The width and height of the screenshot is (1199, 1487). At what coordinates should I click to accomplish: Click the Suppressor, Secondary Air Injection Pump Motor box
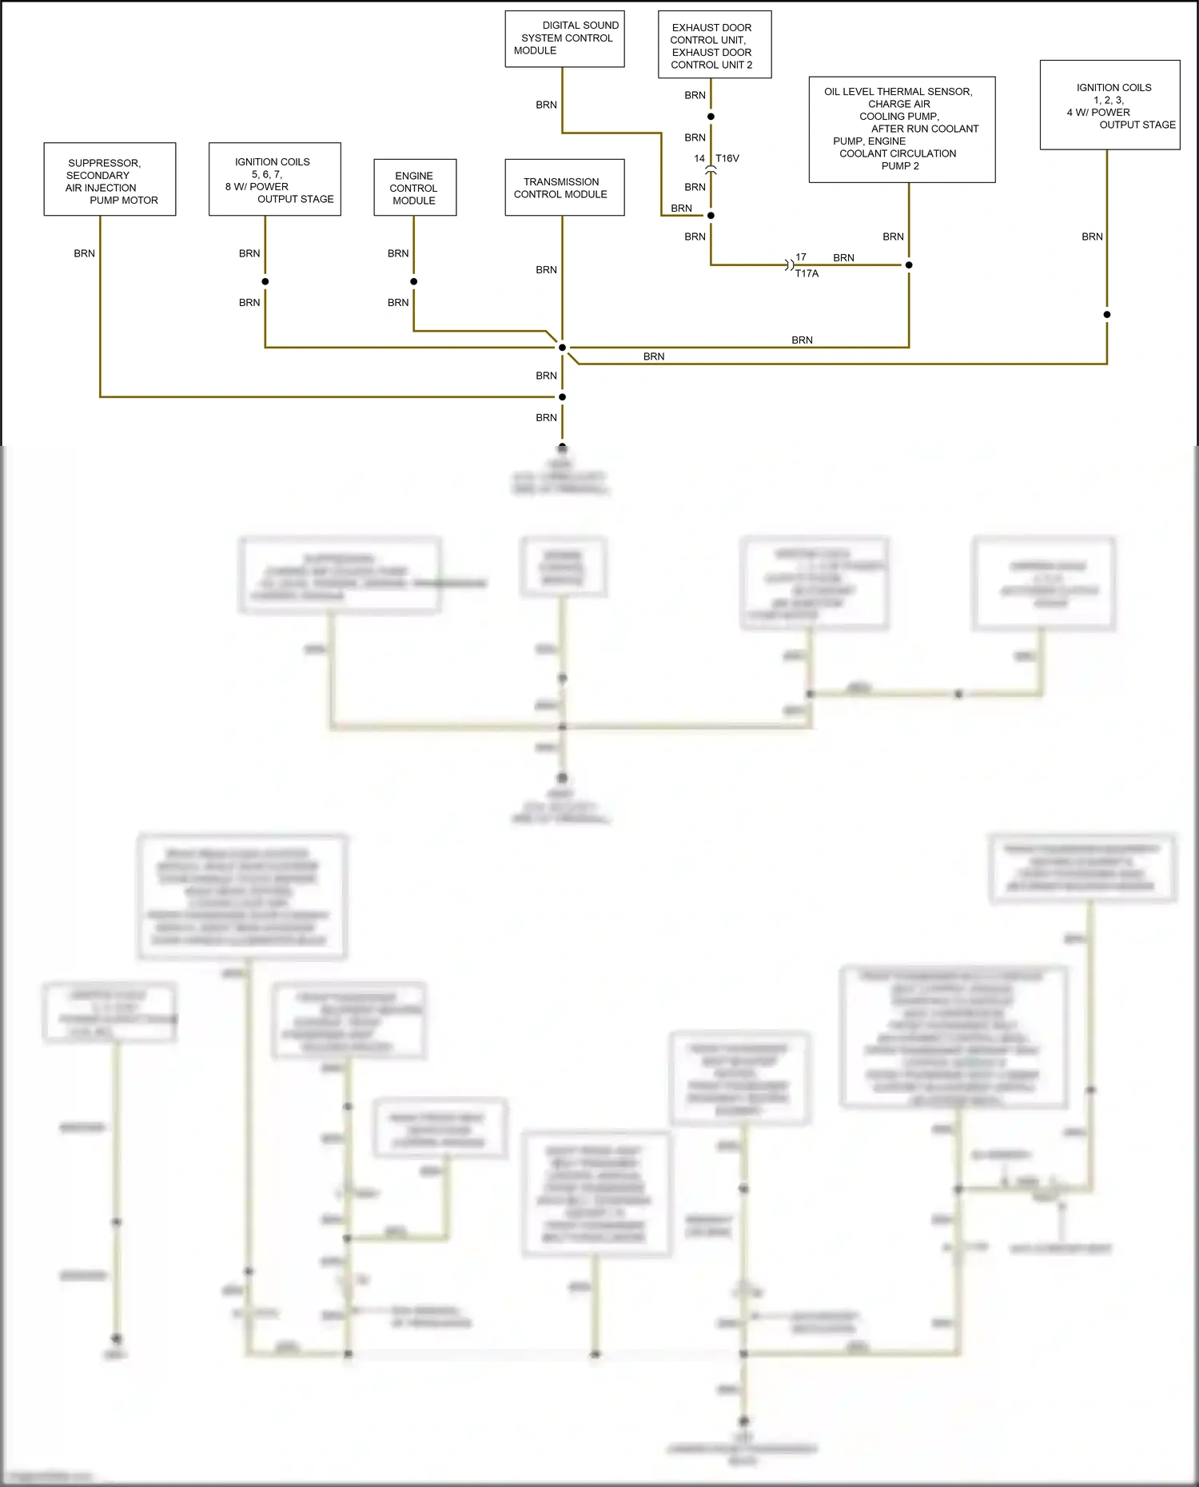[110, 180]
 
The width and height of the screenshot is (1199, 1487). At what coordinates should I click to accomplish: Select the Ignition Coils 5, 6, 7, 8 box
[274, 180]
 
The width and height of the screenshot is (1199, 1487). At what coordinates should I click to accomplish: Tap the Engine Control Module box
[415, 188]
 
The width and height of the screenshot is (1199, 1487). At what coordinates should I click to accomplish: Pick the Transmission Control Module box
[564, 188]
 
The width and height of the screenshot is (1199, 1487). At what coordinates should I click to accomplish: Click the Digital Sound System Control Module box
[564, 38]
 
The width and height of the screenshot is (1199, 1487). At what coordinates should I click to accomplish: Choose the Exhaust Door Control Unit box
[714, 45]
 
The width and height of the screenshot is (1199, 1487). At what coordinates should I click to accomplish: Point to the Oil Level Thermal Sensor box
[902, 129]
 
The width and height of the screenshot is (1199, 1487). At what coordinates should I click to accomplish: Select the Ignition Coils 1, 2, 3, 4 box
[1109, 105]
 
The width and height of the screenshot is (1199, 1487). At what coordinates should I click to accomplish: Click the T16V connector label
[727, 158]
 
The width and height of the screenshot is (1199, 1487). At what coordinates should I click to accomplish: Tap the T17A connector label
[807, 273]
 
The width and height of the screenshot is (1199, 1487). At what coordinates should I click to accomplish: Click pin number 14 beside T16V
[699, 158]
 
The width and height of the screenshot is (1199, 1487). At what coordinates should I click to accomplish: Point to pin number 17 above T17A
[801, 257]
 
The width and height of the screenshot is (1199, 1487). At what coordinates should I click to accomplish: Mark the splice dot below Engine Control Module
[414, 281]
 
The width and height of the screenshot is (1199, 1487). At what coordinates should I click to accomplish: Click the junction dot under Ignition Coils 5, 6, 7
[265, 281]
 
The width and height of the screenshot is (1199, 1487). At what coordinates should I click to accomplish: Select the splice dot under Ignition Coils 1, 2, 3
[1107, 315]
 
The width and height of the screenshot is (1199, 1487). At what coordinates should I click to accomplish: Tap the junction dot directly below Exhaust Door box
[711, 117]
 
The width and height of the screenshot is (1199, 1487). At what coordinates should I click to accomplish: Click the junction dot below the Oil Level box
[909, 264]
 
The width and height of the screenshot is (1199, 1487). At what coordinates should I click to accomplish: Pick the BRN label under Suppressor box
[84, 253]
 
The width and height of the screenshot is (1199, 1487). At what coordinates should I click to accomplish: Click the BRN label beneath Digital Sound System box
[546, 105]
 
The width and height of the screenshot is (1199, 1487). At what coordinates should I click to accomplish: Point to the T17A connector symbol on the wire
[789, 264]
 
